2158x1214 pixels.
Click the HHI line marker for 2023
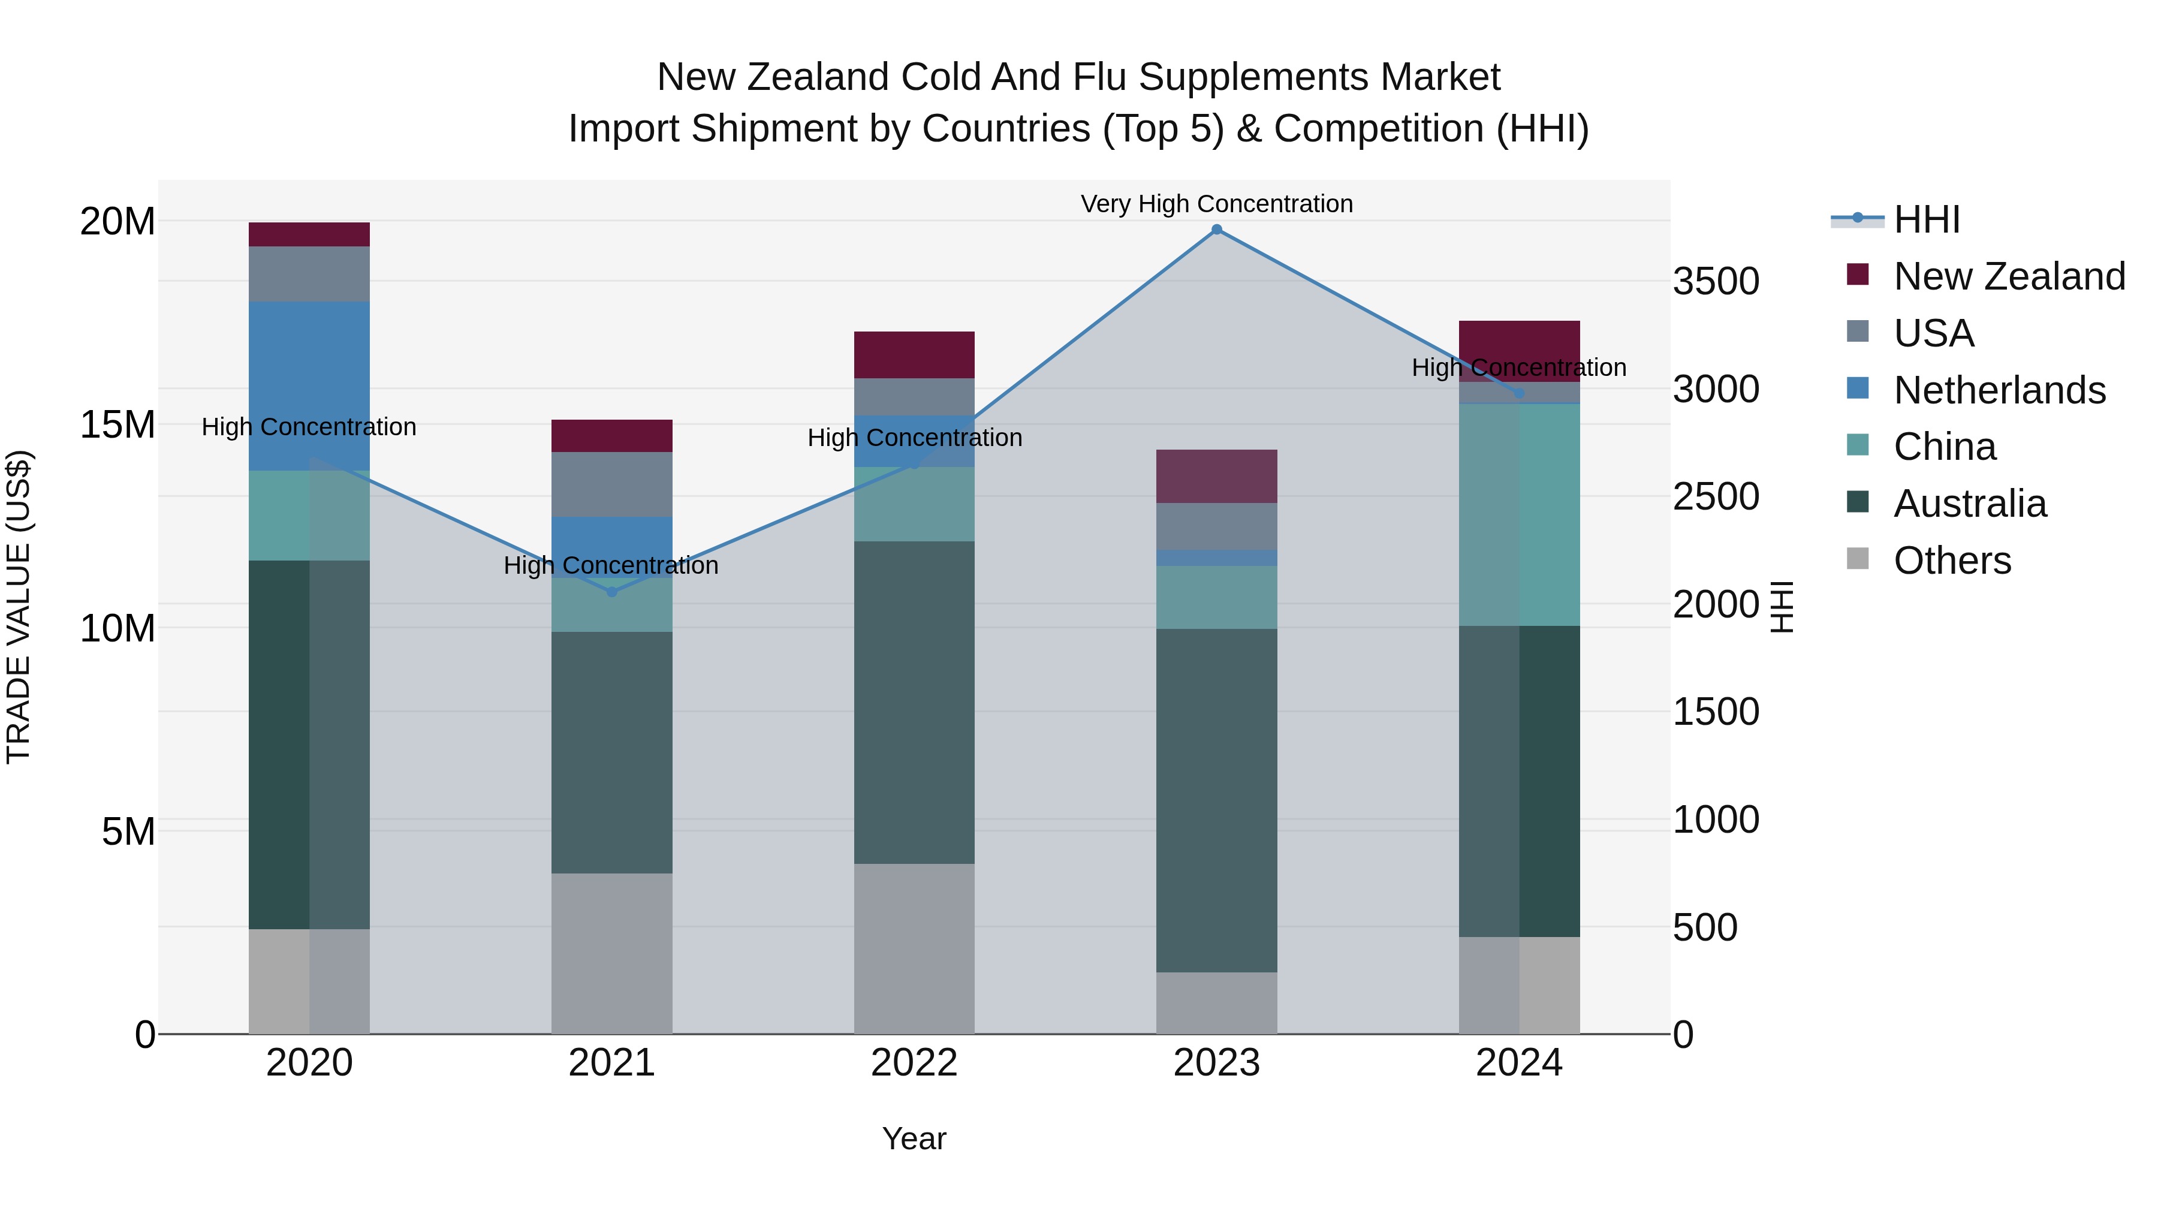click(1216, 230)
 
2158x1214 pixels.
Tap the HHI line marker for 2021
click(611, 592)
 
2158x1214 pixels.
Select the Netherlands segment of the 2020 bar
click(309, 385)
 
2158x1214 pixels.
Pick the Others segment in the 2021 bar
click(611, 953)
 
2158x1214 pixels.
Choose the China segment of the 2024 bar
click(1519, 514)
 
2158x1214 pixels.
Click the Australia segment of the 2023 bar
click(1216, 800)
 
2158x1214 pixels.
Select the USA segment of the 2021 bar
click(611, 484)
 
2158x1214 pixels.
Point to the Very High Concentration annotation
click(1216, 204)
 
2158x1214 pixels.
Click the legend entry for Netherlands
click(1999, 390)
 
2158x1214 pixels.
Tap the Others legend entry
click(1952, 561)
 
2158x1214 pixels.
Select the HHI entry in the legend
click(1927, 219)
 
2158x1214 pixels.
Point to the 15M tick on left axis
click(117, 425)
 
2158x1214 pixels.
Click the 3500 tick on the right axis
click(1716, 282)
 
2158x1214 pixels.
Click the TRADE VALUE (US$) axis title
click(19, 607)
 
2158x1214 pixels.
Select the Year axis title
click(914, 1138)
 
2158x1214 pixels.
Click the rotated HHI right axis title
click(1782, 607)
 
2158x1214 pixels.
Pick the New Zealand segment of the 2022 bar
click(914, 356)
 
